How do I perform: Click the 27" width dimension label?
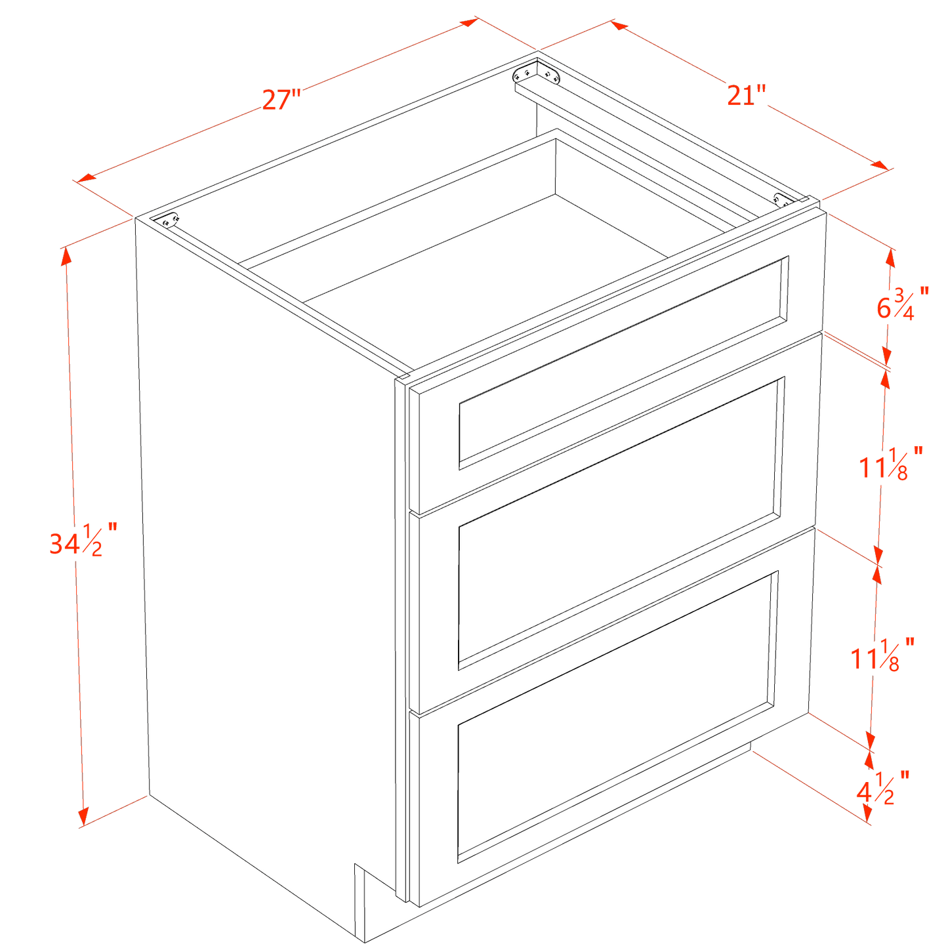(x=281, y=100)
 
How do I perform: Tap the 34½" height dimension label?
(x=83, y=539)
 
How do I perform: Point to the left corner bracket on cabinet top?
(x=169, y=220)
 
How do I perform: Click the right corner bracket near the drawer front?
(x=782, y=199)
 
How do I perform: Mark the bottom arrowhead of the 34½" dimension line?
(x=83, y=817)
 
